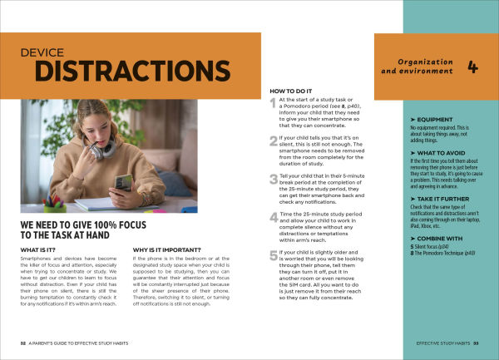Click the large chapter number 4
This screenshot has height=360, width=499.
click(x=472, y=67)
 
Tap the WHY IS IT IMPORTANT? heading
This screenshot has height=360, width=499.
click(x=170, y=249)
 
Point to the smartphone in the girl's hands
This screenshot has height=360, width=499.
click(x=122, y=182)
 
